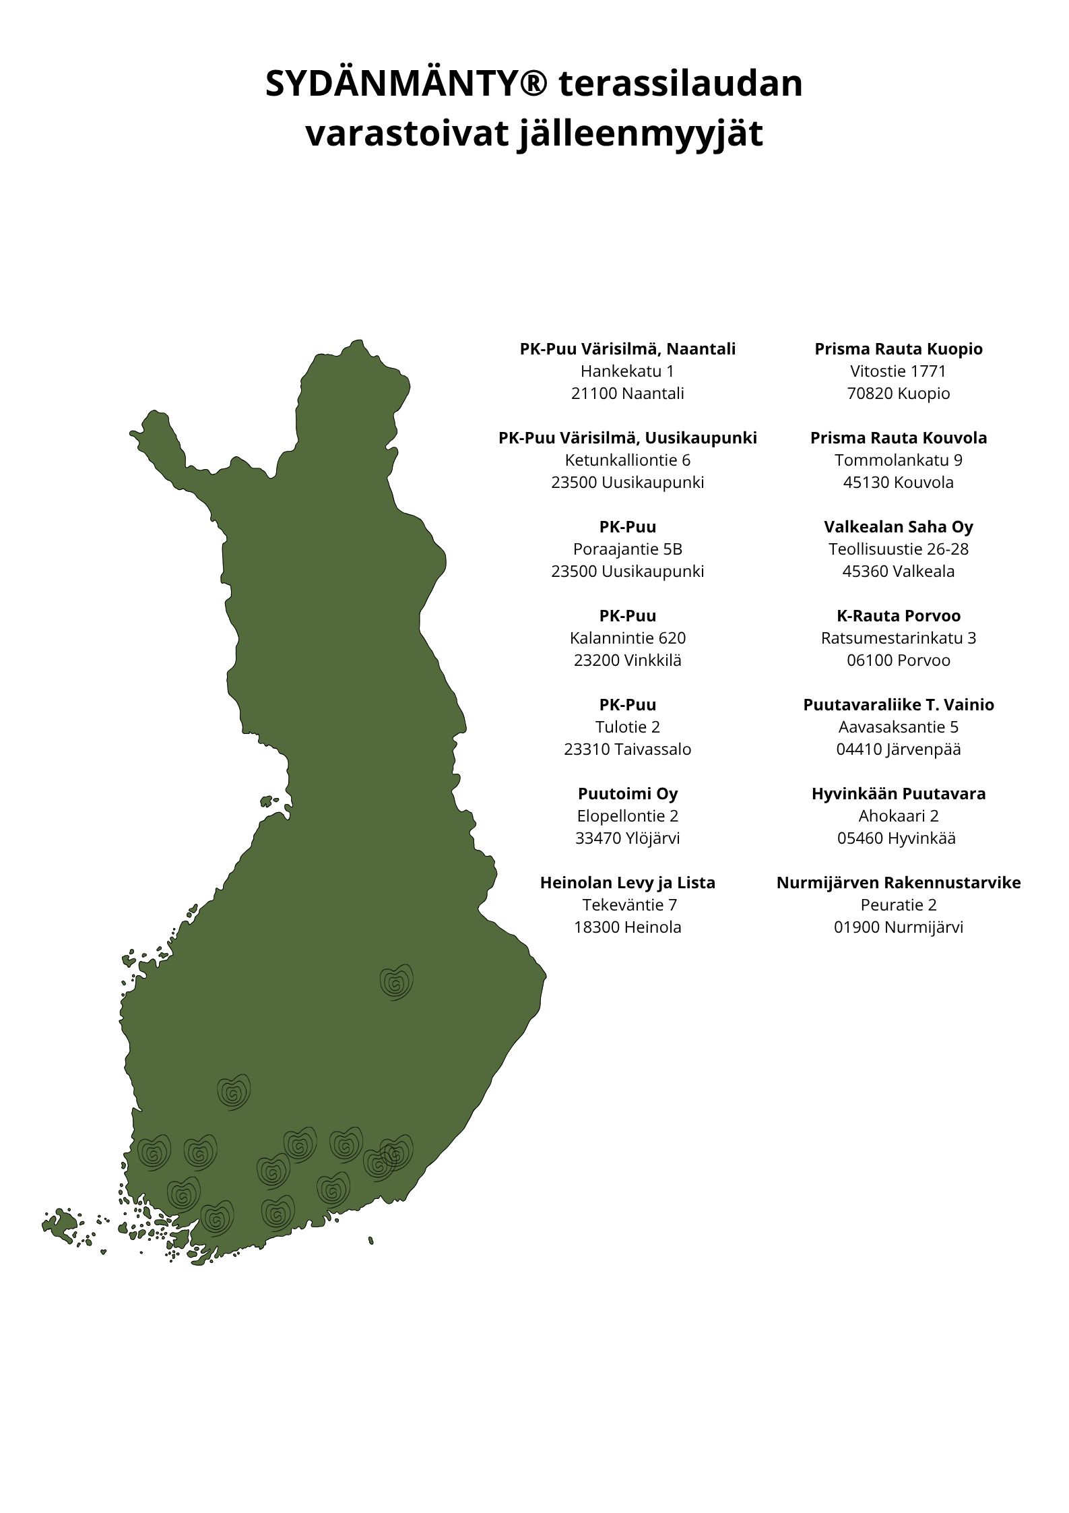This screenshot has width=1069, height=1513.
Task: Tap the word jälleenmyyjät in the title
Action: [640, 134]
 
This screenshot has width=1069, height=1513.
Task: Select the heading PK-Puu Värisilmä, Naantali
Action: [627, 349]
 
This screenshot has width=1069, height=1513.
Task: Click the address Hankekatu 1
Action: [627, 371]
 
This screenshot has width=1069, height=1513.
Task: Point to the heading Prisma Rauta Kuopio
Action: [898, 349]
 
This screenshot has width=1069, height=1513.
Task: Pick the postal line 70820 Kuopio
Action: [898, 394]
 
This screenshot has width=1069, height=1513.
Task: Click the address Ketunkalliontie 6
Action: [627, 460]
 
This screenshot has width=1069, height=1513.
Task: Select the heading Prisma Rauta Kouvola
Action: [898, 438]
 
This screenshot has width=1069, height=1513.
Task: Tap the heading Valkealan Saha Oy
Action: [898, 527]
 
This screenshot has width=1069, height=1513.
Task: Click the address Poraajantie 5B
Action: [627, 549]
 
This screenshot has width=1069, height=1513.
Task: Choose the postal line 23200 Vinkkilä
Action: [627, 660]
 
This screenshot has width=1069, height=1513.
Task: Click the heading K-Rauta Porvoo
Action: [898, 616]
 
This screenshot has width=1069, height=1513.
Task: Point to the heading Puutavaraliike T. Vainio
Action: [898, 705]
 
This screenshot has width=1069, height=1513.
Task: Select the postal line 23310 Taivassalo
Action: [627, 749]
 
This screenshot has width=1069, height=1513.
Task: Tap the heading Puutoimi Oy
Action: [627, 794]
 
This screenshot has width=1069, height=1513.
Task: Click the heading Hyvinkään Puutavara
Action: [898, 794]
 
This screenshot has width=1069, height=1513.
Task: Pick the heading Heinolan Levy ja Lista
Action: [627, 883]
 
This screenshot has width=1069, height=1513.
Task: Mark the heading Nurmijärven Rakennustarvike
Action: [898, 883]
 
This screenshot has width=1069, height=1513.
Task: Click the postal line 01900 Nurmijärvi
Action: [898, 927]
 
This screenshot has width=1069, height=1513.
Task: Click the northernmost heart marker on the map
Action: [396, 982]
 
